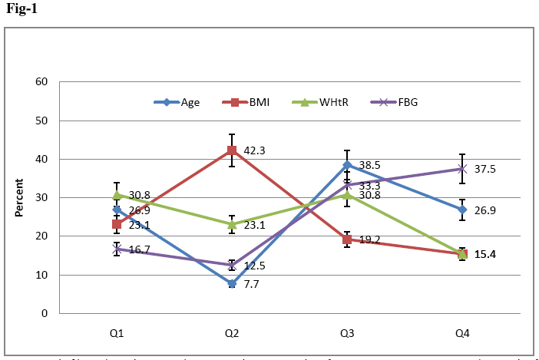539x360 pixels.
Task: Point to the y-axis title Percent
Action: (x=21, y=197)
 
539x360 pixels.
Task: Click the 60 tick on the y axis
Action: (x=41, y=82)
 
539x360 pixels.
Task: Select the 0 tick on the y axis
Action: (x=45, y=313)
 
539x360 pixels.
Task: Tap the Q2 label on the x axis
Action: (x=232, y=333)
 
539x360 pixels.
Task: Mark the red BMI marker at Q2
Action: (x=232, y=150)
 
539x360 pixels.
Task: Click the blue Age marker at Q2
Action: (x=232, y=283)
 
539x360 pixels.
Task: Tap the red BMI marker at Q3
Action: (x=347, y=239)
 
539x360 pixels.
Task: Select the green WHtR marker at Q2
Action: (x=232, y=224)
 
